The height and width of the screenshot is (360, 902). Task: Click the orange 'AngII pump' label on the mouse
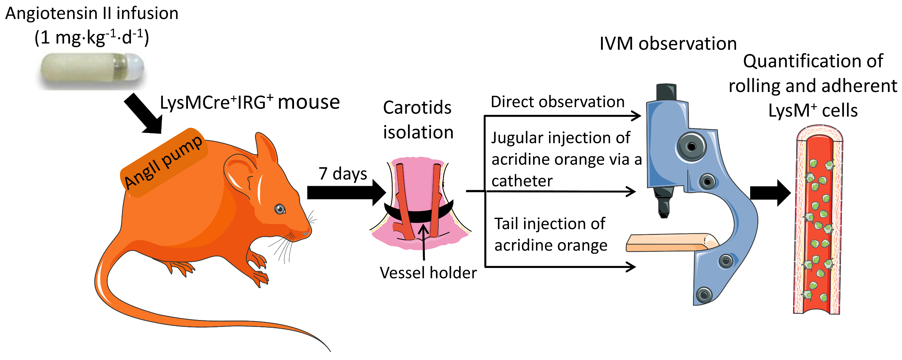click(164, 162)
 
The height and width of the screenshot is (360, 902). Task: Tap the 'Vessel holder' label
click(428, 273)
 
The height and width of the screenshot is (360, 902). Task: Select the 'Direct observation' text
click(557, 102)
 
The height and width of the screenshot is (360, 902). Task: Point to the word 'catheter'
click(522, 181)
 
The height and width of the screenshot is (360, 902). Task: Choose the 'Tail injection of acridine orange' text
click(551, 234)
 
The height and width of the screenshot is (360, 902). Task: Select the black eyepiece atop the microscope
click(666, 92)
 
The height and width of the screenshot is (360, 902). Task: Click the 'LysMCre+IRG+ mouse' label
click(250, 103)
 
